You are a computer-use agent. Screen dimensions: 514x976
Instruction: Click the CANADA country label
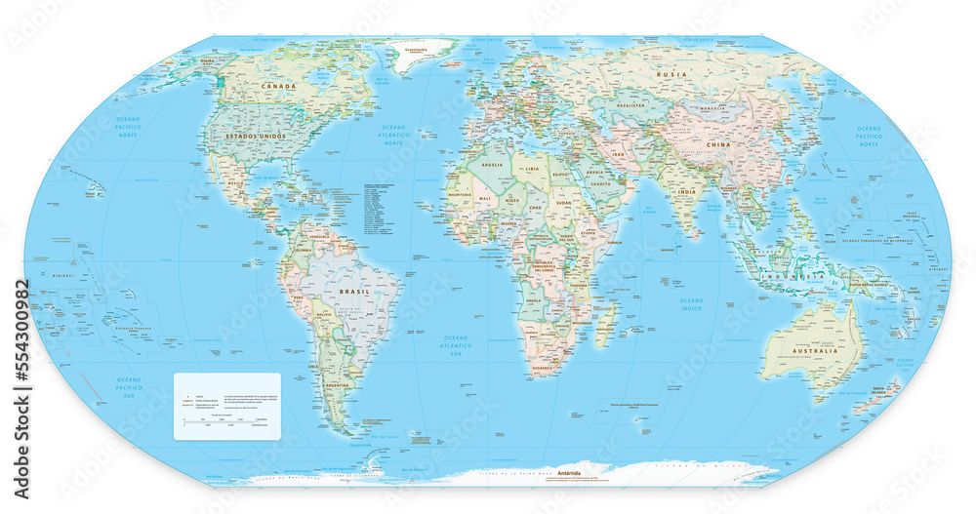click(x=278, y=87)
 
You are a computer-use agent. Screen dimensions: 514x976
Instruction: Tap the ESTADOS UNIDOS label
click(x=256, y=136)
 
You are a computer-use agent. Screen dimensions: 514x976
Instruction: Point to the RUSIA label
click(x=671, y=74)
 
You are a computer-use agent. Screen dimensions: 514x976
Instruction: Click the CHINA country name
click(x=718, y=144)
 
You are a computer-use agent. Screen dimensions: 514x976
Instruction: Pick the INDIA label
click(x=687, y=192)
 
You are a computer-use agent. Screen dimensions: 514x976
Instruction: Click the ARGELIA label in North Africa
click(x=492, y=165)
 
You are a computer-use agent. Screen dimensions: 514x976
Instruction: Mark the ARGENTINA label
click(x=337, y=385)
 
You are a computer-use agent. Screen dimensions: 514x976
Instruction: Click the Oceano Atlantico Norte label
click(x=393, y=135)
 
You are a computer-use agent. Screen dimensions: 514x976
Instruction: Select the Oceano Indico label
click(x=691, y=305)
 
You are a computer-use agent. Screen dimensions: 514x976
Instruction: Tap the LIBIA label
click(x=532, y=169)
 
